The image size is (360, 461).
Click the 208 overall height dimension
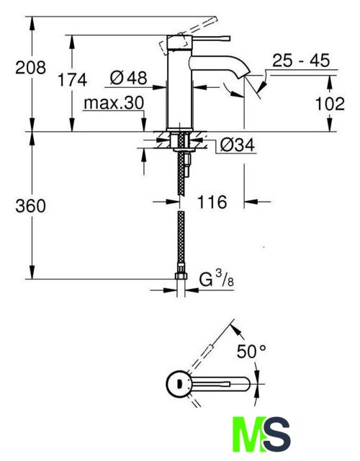pyautogui.click(x=30, y=68)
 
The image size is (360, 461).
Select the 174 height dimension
pyautogui.click(x=72, y=80)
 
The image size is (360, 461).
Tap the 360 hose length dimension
pyautogui.click(x=30, y=206)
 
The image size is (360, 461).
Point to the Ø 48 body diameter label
pyautogui.click(x=128, y=79)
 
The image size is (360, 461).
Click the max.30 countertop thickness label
pyautogui.click(x=114, y=103)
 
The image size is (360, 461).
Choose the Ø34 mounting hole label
pyautogui.click(x=238, y=145)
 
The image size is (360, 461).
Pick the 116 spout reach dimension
pyautogui.click(x=212, y=202)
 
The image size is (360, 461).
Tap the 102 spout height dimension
pyautogui.click(x=330, y=104)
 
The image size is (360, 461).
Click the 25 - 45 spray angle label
pyautogui.click(x=301, y=61)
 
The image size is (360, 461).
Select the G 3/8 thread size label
pyautogui.click(x=217, y=279)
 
